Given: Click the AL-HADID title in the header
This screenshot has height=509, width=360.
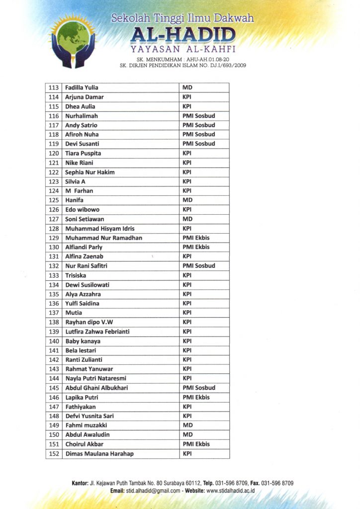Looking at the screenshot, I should pos(182,35).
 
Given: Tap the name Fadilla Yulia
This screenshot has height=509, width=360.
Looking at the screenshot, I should pos(82,87).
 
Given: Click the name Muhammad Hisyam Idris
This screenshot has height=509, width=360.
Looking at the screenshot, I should pos(100,229).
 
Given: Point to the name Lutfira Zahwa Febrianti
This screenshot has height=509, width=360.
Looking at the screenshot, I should pos(97,332).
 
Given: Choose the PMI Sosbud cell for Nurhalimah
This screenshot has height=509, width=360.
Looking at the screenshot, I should pos(198,116).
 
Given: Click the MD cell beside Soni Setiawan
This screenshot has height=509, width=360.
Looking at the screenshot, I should pos(187,219).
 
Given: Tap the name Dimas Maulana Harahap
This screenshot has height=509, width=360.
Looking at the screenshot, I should pos(99,454).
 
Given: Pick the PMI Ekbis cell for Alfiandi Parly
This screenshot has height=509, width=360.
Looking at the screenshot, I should pos(196,247).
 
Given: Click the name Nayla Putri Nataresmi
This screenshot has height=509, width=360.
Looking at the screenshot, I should pos(96,378).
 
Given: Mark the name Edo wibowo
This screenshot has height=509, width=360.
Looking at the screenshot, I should pos(82,210).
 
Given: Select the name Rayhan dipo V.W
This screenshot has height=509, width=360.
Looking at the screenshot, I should pos(89,322).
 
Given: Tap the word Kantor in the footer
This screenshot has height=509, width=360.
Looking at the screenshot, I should pos(81,483).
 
